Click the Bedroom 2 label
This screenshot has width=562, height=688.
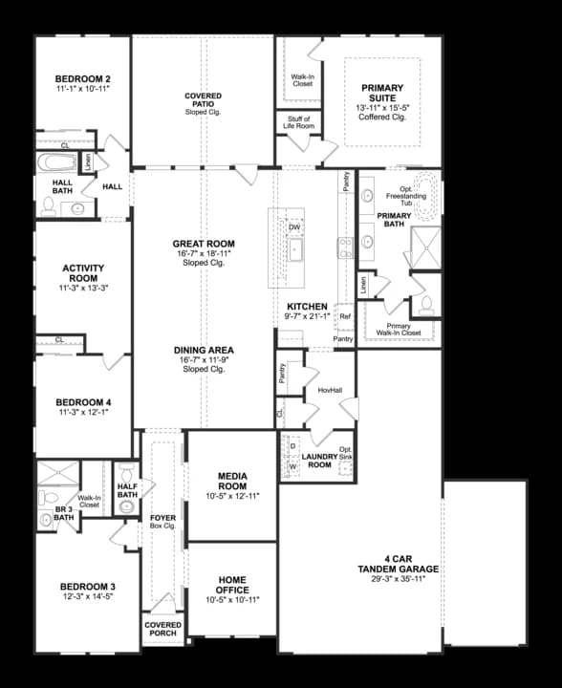(x=82, y=78)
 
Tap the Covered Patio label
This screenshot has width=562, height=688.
(x=203, y=97)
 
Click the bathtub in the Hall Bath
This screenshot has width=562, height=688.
(x=58, y=162)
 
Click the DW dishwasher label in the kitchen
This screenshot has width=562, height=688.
(x=294, y=226)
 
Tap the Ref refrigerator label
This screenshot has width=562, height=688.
(x=345, y=315)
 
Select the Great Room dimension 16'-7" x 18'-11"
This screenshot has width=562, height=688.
(x=203, y=253)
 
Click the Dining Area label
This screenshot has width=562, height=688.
(x=204, y=350)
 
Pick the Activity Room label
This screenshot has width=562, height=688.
(x=82, y=272)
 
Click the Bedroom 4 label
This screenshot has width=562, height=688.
(x=82, y=401)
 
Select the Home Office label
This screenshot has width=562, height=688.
(x=232, y=585)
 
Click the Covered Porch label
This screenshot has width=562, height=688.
(x=163, y=631)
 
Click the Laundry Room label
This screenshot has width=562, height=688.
(x=319, y=461)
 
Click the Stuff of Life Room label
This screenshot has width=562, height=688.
(x=300, y=121)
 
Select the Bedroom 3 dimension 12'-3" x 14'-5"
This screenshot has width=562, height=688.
(x=87, y=596)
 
